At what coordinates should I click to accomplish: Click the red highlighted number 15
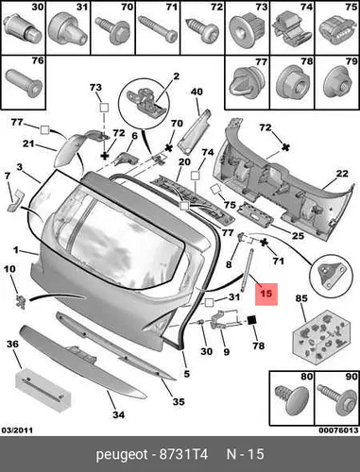click(266, 294)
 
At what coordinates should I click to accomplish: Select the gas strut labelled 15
click(248, 270)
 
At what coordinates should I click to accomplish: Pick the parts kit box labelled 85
click(321, 337)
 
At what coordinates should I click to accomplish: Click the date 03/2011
click(17, 430)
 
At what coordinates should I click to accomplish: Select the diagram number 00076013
click(338, 430)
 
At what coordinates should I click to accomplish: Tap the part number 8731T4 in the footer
click(184, 454)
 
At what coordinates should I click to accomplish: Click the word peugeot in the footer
click(122, 455)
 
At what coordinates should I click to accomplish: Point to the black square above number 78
click(252, 320)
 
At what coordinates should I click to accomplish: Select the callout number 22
click(342, 174)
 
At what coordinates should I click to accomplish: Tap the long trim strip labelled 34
click(83, 362)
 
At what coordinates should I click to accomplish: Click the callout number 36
click(12, 344)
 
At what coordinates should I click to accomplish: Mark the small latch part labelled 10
click(21, 301)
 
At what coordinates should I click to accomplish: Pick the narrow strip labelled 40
click(194, 132)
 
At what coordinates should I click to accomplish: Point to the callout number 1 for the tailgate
click(16, 250)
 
